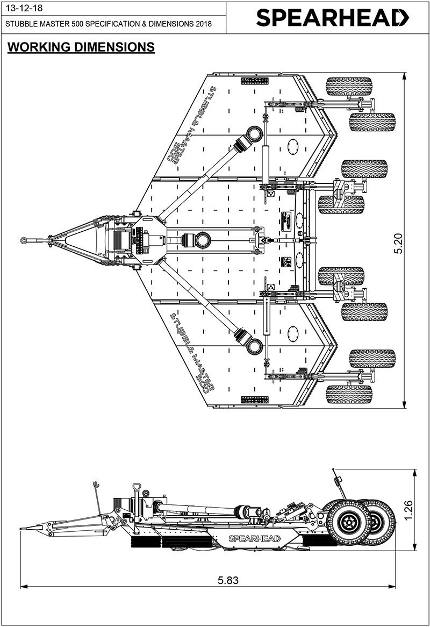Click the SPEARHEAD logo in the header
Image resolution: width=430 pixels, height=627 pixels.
point(332,18)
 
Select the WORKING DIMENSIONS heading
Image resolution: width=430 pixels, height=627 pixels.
point(81,47)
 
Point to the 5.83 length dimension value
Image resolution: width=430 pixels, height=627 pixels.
point(228,580)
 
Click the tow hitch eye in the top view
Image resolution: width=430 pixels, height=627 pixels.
point(24,239)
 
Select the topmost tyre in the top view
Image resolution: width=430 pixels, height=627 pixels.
point(349,87)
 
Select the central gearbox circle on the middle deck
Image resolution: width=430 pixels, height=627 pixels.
point(203,240)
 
